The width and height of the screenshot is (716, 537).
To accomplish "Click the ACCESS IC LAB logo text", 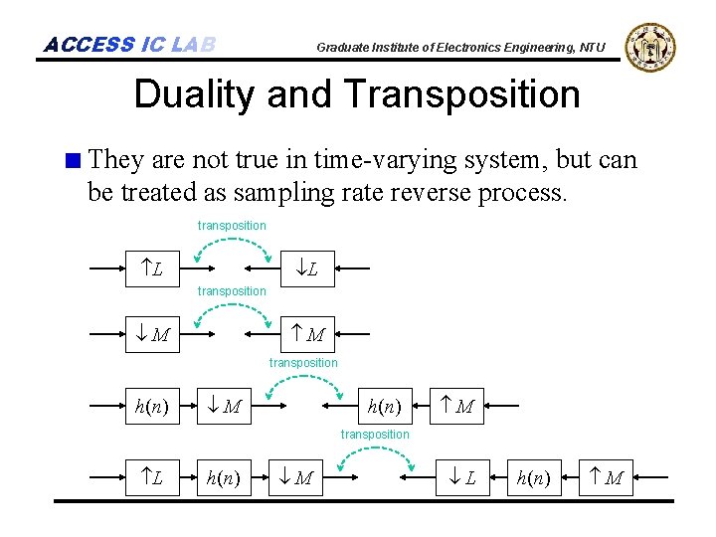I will pyautogui.click(x=129, y=45).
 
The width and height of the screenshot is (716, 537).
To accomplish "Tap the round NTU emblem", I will pyautogui.click(x=651, y=46).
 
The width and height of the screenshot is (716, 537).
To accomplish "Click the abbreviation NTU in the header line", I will pyautogui.click(x=593, y=47).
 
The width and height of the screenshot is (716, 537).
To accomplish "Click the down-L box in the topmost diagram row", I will pyautogui.click(x=309, y=268).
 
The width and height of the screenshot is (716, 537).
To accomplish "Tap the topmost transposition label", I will pyautogui.click(x=232, y=226).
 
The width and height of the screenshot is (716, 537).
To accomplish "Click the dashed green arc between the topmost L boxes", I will pyautogui.click(x=232, y=245).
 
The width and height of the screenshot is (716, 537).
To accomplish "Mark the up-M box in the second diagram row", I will pyautogui.click(x=309, y=334).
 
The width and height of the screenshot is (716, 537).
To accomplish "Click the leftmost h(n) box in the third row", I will pyautogui.click(x=152, y=406).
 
